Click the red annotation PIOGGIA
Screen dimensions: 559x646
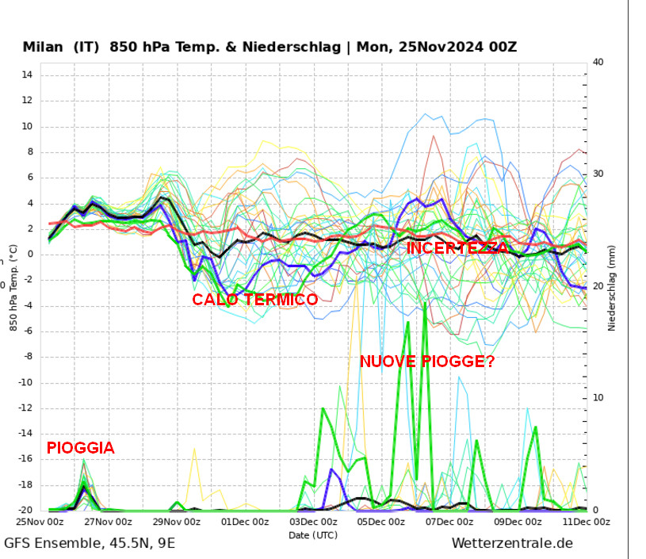coord(80,448)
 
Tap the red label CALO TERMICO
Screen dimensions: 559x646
coord(254,300)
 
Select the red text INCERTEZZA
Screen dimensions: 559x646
coord(457,248)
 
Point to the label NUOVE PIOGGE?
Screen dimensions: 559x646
coord(427,362)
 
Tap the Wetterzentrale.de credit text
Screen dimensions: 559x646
coord(512,543)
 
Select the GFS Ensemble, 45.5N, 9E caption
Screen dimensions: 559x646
coord(90,543)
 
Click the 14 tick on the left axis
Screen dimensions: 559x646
coord(26,75)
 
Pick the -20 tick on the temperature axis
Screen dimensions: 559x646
coord(24,511)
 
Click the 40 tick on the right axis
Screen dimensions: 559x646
coord(598,63)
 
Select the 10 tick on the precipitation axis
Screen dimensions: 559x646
coord(598,398)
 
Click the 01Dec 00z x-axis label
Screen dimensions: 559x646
coord(247,522)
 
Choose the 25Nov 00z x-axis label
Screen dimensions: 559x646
coord(41,522)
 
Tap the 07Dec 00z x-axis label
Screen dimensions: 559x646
coord(450,522)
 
